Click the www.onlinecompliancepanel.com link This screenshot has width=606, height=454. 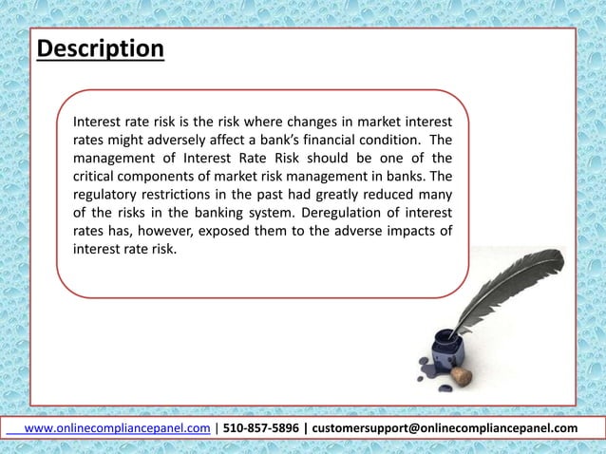click(x=116, y=428)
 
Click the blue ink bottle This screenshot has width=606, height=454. click(x=445, y=355)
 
